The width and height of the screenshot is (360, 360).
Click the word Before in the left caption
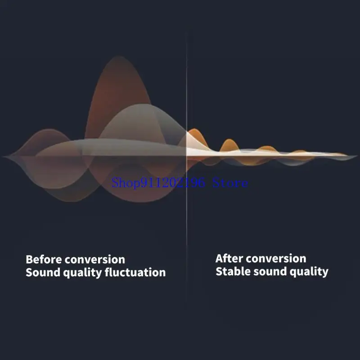pos(44,260)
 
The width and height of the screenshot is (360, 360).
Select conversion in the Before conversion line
pos(95,260)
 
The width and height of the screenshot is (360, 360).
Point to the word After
pos(229,258)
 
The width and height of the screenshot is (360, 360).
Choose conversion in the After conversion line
pos(276,258)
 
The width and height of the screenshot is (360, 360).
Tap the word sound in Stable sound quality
pos(265,271)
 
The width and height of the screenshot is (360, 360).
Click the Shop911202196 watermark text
pos(157,183)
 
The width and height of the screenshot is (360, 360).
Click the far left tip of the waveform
pos(4,157)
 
